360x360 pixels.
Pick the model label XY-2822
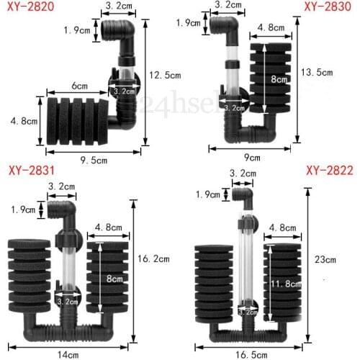pyautogui.click(x=328, y=171)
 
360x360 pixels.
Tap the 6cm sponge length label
pyautogui.click(x=80, y=84)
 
